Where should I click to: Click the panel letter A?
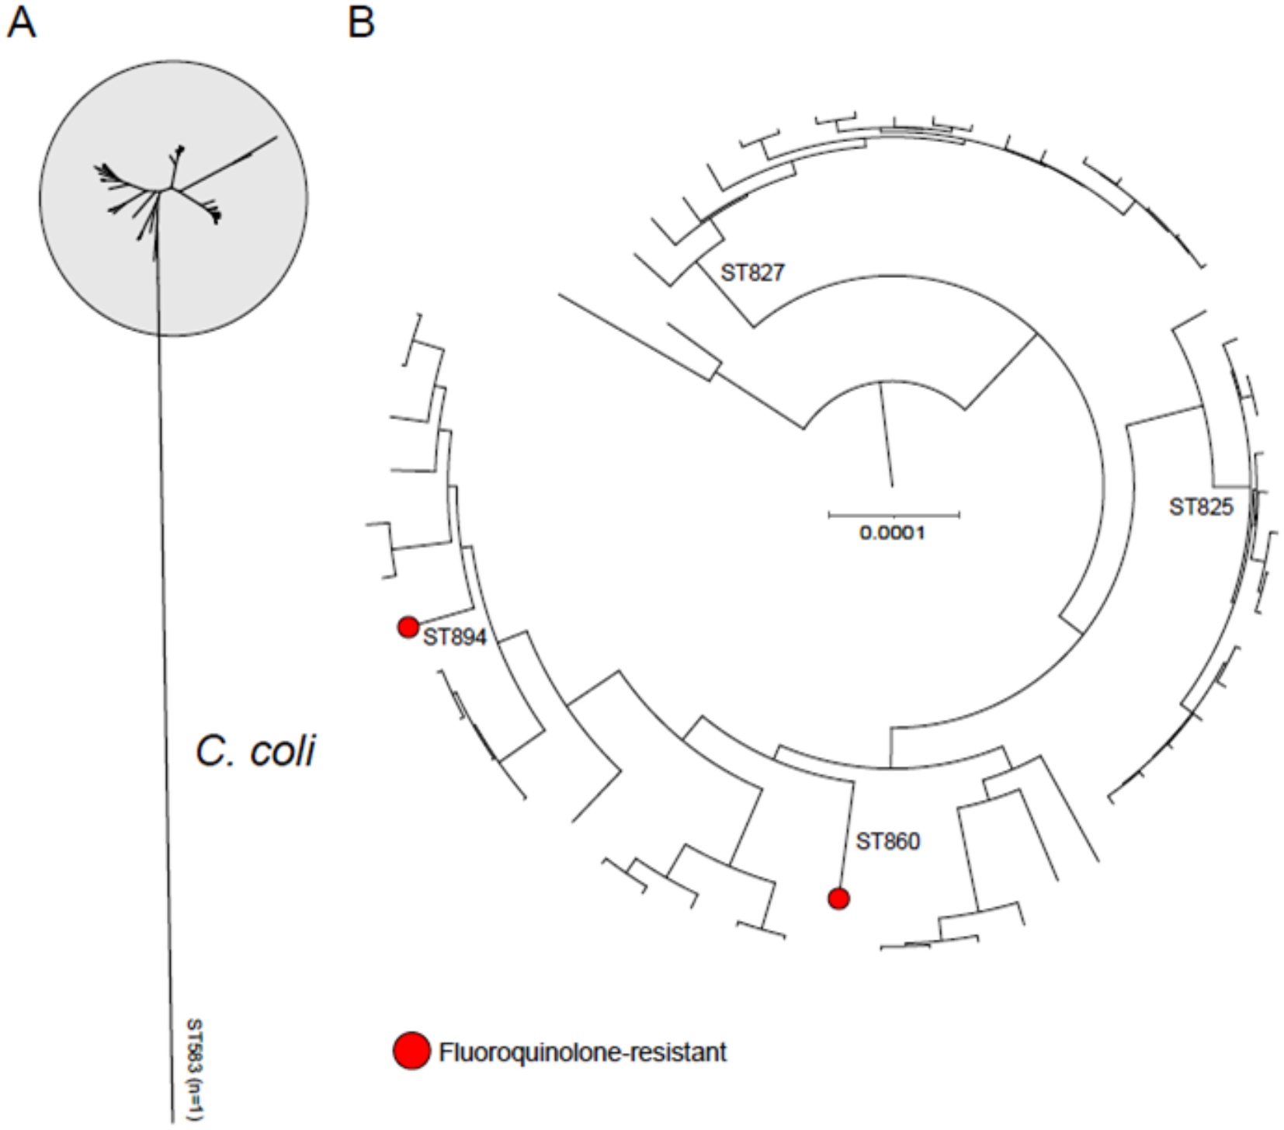point(21,23)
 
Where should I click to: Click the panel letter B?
point(362,23)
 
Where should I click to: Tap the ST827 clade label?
point(752,273)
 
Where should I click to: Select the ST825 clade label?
point(1200,507)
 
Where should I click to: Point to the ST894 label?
point(454,638)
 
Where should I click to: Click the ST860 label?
point(887,841)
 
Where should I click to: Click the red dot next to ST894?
point(408,627)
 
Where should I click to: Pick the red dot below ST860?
point(838,899)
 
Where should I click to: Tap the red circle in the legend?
point(411,1052)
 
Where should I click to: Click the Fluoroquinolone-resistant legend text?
point(582,1052)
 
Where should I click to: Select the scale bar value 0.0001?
point(892,534)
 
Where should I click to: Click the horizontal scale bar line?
point(894,514)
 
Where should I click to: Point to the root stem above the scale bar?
point(886,435)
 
